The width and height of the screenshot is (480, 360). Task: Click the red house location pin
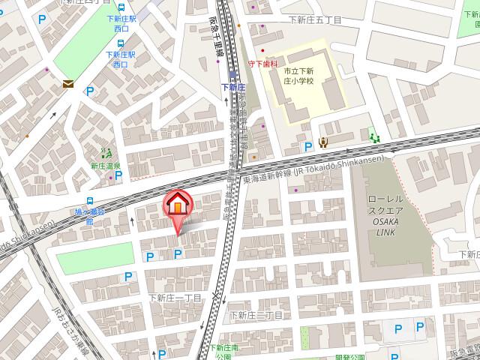[178, 205]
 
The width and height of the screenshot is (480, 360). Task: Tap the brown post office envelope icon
[68, 84]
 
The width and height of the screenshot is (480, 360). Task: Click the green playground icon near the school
[374, 135]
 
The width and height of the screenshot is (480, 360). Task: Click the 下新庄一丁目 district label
[175, 298]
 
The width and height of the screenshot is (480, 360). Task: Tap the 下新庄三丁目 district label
[256, 315]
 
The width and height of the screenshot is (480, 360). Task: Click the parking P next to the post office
[90, 92]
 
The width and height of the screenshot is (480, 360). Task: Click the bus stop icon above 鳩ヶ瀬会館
[90, 201]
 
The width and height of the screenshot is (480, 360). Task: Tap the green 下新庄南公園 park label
[224, 351]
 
